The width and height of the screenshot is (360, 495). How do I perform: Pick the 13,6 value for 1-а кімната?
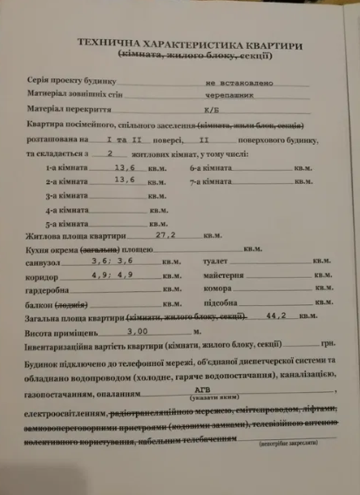coord(126,167)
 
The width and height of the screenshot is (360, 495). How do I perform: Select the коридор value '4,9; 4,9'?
coord(114,275)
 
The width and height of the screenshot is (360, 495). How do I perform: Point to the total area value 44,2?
coord(277,318)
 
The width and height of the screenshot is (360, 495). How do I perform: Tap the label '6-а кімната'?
coord(208,168)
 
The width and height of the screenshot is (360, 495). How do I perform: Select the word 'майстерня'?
coord(219,275)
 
